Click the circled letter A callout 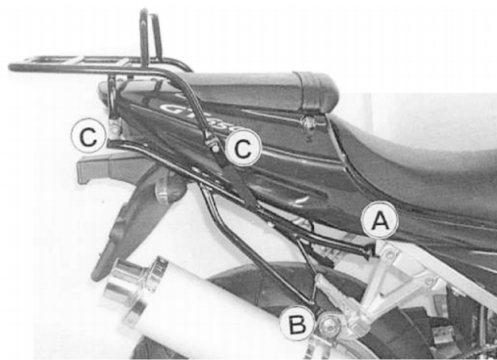point(380,223)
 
